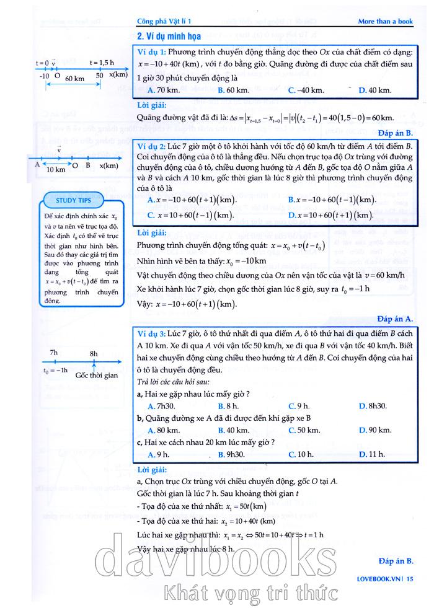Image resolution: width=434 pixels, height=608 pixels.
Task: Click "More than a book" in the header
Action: pyautogui.click(x=385, y=22)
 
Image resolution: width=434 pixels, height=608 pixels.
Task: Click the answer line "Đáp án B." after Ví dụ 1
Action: pyautogui.click(x=395, y=133)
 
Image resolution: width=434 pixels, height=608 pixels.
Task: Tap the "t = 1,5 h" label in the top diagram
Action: pyautogui.click(x=102, y=62)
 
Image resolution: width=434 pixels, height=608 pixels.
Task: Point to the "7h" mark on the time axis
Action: pyautogui.click(x=54, y=353)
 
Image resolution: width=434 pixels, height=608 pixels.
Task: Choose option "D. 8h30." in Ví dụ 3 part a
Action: pyautogui.click(x=373, y=405)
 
